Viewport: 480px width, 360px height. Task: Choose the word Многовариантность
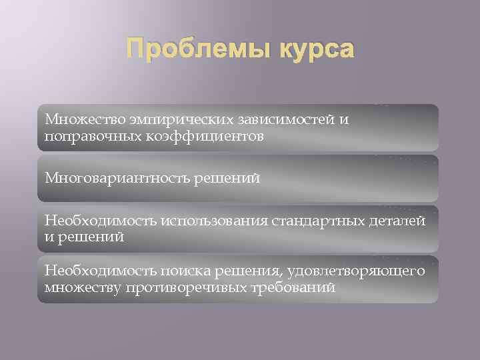(115, 178)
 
